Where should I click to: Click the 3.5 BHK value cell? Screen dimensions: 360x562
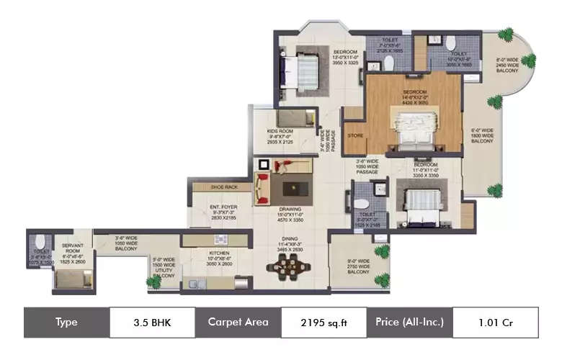[152, 322]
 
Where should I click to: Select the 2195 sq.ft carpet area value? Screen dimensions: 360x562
[323, 322]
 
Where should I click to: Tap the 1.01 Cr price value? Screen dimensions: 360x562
[496, 322]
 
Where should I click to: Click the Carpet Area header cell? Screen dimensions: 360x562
[238, 322]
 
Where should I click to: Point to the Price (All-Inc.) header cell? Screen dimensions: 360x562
[409, 322]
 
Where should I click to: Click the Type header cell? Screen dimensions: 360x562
[66, 322]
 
